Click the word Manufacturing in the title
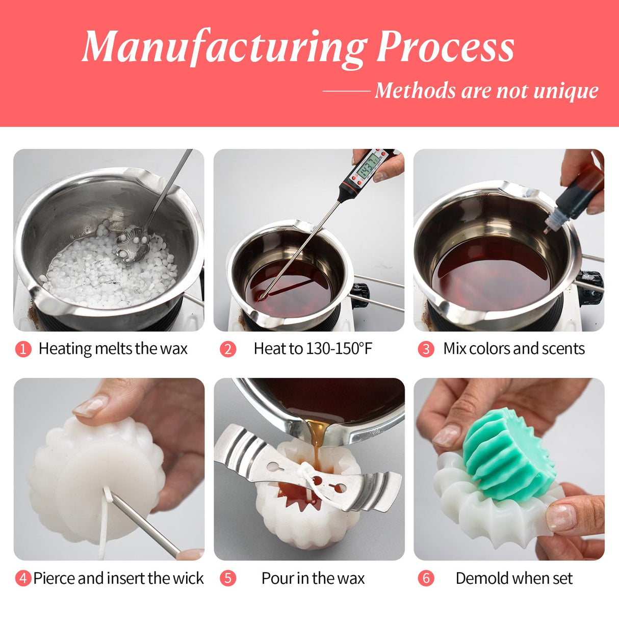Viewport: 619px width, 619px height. tap(224, 47)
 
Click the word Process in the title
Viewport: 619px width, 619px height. tap(445, 47)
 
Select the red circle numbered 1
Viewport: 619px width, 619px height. tap(23, 349)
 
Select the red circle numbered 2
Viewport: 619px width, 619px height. tap(228, 349)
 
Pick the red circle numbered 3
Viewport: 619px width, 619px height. tap(426, 349)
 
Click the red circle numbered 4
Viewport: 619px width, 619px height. tap(23, 579)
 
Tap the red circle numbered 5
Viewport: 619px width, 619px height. tap(228, 579)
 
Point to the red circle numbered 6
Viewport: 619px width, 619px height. tap(426, 579)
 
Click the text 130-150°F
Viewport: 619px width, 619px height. tap(339, 349)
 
